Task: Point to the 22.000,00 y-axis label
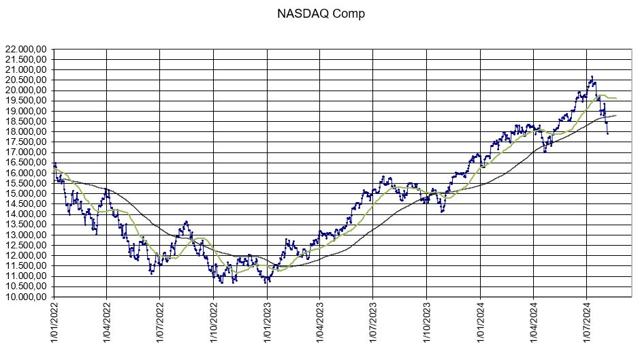(26, 50)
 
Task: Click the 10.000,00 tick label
(26, 297)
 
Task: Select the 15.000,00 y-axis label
(26, 194)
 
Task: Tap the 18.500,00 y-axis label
(26, 122)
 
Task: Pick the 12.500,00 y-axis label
(26, 246)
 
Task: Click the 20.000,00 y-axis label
(26, 91)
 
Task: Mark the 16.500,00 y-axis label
(26, 163)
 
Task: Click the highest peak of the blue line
(592, 77)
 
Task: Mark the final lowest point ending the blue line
(607, 133)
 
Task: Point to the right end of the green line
(616, 99)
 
